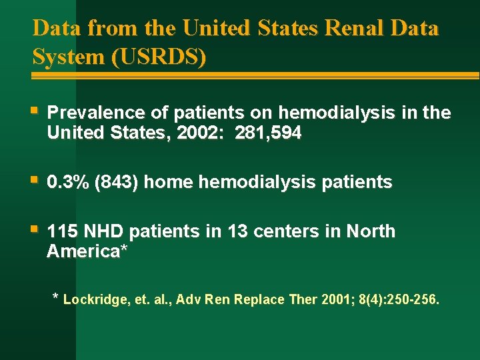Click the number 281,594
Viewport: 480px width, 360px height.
(x=269, y=133)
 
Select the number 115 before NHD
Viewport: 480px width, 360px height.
(x=61, y=231)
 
